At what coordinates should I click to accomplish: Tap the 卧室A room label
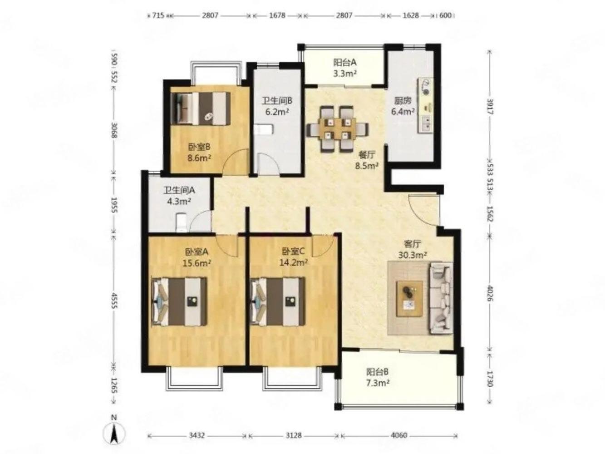click(x=196, y=252)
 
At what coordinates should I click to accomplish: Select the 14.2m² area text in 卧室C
click(x=293, y=262)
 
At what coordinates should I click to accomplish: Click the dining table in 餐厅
click(x=338, y=129)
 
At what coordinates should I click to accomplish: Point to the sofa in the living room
click(x=441, y=298)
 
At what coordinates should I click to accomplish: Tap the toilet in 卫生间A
click(x=182, y=222)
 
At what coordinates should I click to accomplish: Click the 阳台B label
click(x=377, y=372)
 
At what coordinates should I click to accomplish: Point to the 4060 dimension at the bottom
click(x=399, y=435)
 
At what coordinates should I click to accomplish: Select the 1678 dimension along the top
click(x=277, y=15)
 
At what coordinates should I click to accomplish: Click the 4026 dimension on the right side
click(x=490, y=293)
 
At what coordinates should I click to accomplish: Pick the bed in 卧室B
click(x=200, y=109)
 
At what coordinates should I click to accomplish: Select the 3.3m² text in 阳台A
click(x=345, y=74)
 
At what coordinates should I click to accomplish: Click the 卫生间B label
click(x=277, y=101)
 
